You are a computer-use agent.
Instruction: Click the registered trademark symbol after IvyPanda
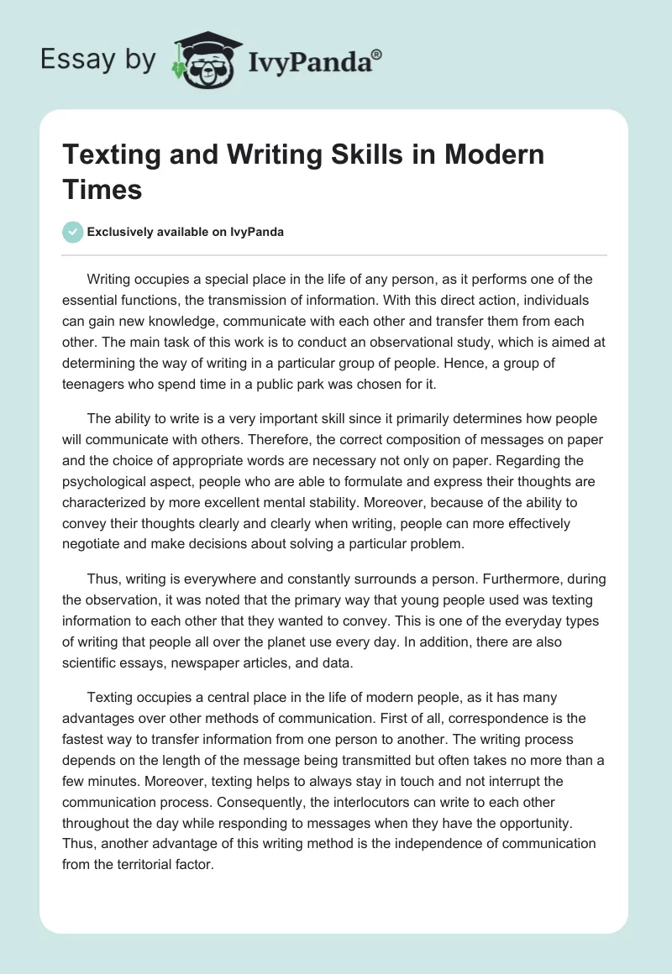click(376, 52)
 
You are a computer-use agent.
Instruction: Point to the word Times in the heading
click(102, 189)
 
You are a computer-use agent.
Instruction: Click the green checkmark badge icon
click(73, 232)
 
